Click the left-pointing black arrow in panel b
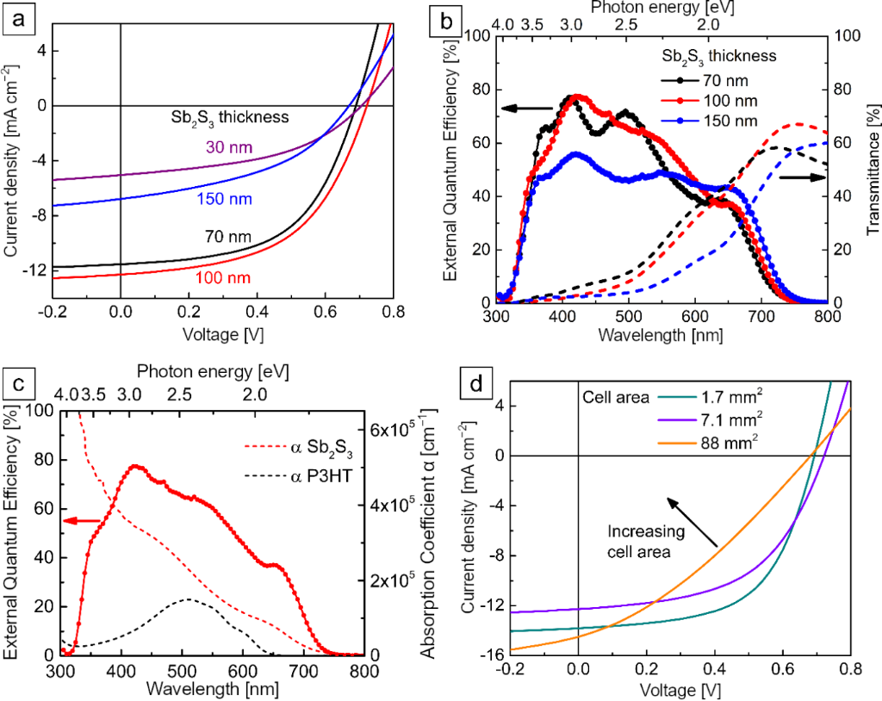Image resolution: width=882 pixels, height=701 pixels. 527,109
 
